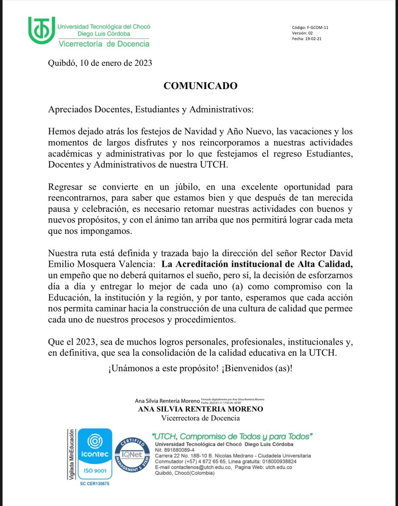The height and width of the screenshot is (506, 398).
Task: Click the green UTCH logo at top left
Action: click(41, 30)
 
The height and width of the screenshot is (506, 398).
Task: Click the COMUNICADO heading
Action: click(201, 86)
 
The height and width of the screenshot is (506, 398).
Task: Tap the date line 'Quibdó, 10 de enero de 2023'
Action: click(100, 63)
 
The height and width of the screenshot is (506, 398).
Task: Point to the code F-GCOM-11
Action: click(317, 28)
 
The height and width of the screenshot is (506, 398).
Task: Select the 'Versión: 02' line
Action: click(302, 33)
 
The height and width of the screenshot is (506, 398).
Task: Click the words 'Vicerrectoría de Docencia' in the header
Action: click(104, 44)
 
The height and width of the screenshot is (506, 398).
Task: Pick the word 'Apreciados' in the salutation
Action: click(70, 110)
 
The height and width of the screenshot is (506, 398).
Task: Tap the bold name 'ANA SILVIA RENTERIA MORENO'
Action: click(200, 409)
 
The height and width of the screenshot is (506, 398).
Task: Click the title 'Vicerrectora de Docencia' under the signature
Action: click(200, 418)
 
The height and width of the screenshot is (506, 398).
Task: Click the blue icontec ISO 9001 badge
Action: click(95, 455)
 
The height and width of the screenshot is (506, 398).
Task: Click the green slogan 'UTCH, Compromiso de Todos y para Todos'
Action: click(232, 436)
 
